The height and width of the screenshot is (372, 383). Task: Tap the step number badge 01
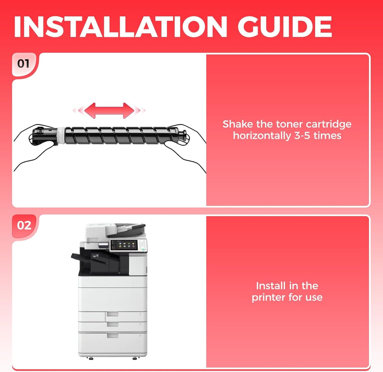coord(23,64)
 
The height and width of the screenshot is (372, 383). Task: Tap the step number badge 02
coord(24,226)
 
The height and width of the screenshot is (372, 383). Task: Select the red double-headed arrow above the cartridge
coord(109,110)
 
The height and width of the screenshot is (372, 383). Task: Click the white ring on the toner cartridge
coord(61,136)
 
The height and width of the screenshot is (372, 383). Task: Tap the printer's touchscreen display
coord(124,245)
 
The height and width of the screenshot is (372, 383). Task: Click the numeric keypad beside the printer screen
coord(143,244)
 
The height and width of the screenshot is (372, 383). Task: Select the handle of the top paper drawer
coord(113,314)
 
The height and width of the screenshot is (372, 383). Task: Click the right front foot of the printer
coord(135,358)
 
